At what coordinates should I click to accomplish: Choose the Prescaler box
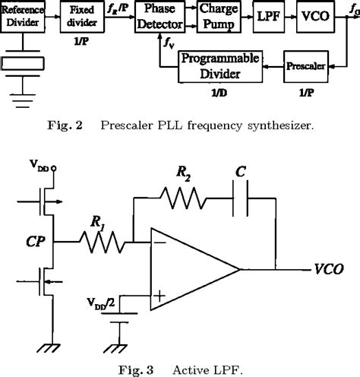tap(306, 68)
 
